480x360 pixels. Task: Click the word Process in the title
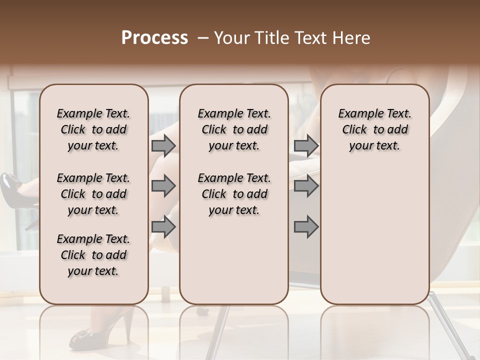point(154,38)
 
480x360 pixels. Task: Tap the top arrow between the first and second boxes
point(163,146)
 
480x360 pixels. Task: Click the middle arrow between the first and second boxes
point(163,186)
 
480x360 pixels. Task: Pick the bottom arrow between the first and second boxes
point(163,227)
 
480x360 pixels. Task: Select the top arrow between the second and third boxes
point(306,146)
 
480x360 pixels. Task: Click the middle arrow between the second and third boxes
point(306,186)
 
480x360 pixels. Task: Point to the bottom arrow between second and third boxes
point(306,227)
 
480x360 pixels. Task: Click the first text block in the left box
point(93,129)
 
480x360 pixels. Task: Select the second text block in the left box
point(93,194)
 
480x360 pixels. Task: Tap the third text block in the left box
point(93,255)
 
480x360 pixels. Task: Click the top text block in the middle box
point(234,129)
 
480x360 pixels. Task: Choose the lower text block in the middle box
point(234,194)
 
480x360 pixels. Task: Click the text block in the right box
point(374,129)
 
